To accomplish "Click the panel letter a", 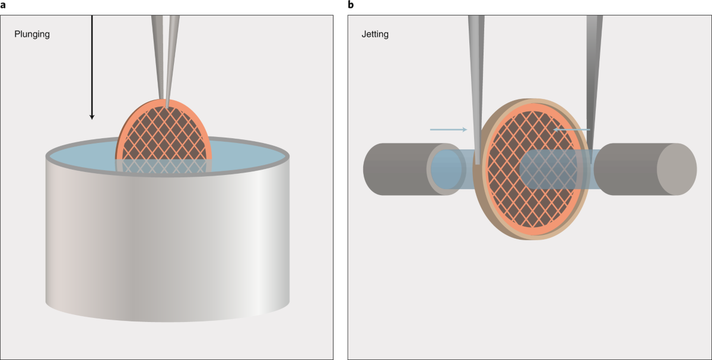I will [x=3, y=5].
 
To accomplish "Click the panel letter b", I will [x=351, y=5].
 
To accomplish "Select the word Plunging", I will [x=32, y=34].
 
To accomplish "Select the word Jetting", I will [x=375, y=34].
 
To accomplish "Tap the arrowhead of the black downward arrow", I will [x=92, y=116].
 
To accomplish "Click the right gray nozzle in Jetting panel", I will [x=629, y=169].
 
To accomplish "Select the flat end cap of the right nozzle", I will [x=676, y=169].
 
